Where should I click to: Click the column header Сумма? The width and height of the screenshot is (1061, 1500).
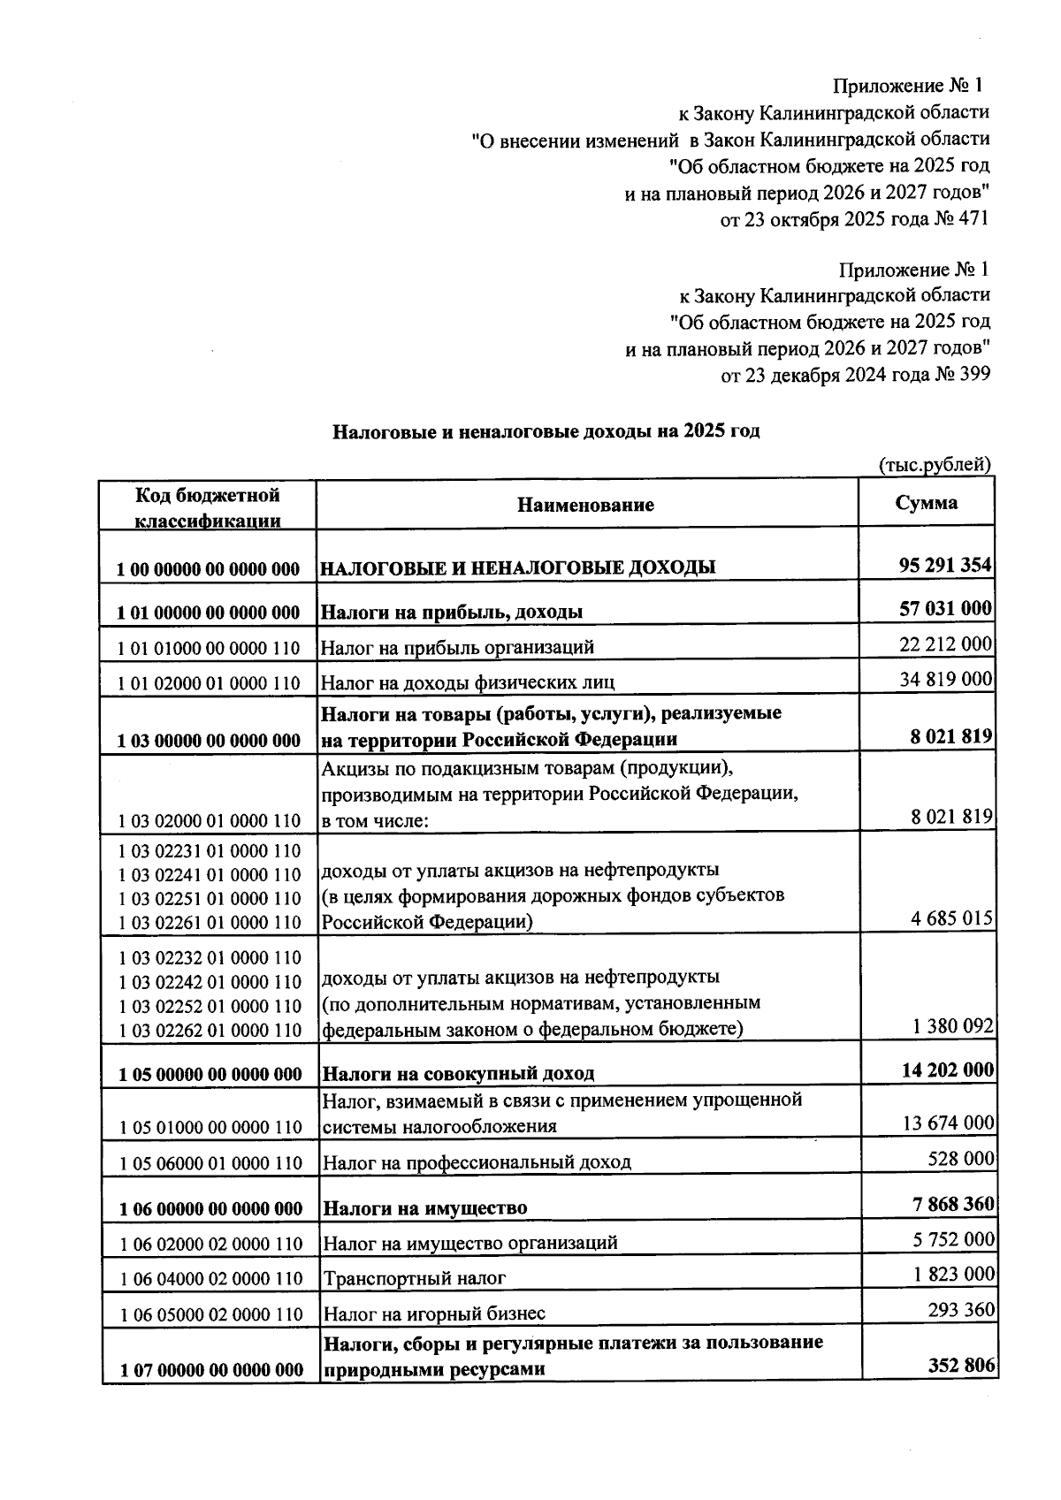coord(926,503)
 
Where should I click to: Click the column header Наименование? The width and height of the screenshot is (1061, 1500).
coord(585,505)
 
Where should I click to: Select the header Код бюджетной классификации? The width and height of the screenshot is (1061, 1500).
coord(207,507)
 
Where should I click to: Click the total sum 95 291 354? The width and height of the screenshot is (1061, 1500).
coord(944,565)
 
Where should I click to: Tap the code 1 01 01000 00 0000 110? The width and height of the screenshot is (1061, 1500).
coord(209,649)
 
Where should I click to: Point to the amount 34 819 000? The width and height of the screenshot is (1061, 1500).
coord(946,679)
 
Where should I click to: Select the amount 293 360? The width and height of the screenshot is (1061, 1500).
coord(961,1309)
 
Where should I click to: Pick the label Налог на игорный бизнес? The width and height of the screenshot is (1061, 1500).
coord(433,1313)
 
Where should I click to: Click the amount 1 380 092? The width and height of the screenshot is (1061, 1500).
coord(953,1026)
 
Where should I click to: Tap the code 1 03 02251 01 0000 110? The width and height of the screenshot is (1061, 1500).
coord(209,899)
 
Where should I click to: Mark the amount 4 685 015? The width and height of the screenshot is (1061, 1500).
coord(952,918)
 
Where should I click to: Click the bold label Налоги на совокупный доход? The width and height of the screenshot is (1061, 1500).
coord(457,1074)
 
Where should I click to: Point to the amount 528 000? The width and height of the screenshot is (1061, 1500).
coord(961,1158)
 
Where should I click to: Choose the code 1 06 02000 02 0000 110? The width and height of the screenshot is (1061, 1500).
coord(210,1245)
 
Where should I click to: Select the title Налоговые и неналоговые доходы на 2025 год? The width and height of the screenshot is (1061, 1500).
coord(546,431)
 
